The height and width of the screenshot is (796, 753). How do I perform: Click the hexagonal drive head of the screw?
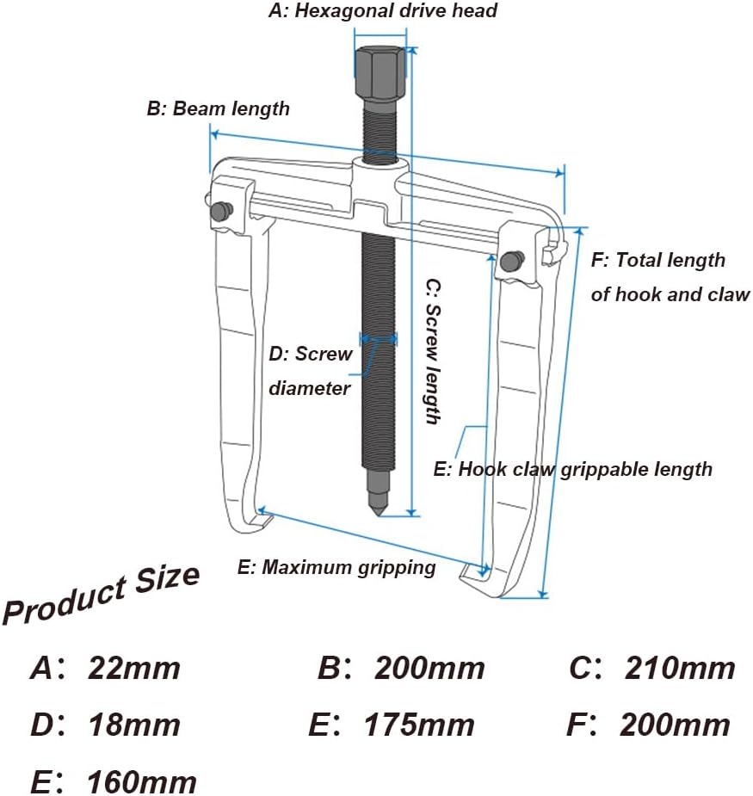tap(380, 72)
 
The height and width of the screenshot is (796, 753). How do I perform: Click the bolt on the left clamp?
tap(222, 211)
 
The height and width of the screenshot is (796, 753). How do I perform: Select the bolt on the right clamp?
tap(512, 261)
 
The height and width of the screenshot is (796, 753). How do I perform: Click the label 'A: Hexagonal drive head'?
tap(383, 11)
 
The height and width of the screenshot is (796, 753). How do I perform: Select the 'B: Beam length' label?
tap(219, 108)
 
